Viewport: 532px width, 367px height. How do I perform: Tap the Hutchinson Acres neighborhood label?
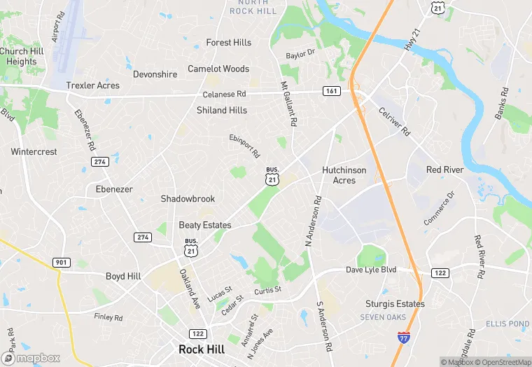coord(349,175)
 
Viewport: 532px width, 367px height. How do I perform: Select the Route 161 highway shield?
coord(331,91)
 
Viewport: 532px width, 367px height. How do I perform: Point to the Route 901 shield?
coord(61,262)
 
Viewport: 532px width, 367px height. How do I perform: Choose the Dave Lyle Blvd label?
coord(371,270)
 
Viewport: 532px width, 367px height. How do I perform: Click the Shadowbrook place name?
coord(188,199)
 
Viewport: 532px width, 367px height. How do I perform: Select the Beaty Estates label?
coord(205,225)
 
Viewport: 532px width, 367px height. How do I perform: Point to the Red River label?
coord(444,170)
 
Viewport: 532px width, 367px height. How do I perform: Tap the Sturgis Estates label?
coord(395,304)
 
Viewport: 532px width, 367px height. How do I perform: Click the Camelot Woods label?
coord(218,69)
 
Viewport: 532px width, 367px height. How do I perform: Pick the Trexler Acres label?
coord(92,85)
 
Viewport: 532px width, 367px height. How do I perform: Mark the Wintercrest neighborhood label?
coord(34,151)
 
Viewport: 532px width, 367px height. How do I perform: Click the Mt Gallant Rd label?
coord(288,104)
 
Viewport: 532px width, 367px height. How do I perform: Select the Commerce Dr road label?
coord(439,208)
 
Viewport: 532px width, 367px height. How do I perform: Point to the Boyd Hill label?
coord(123,277)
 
